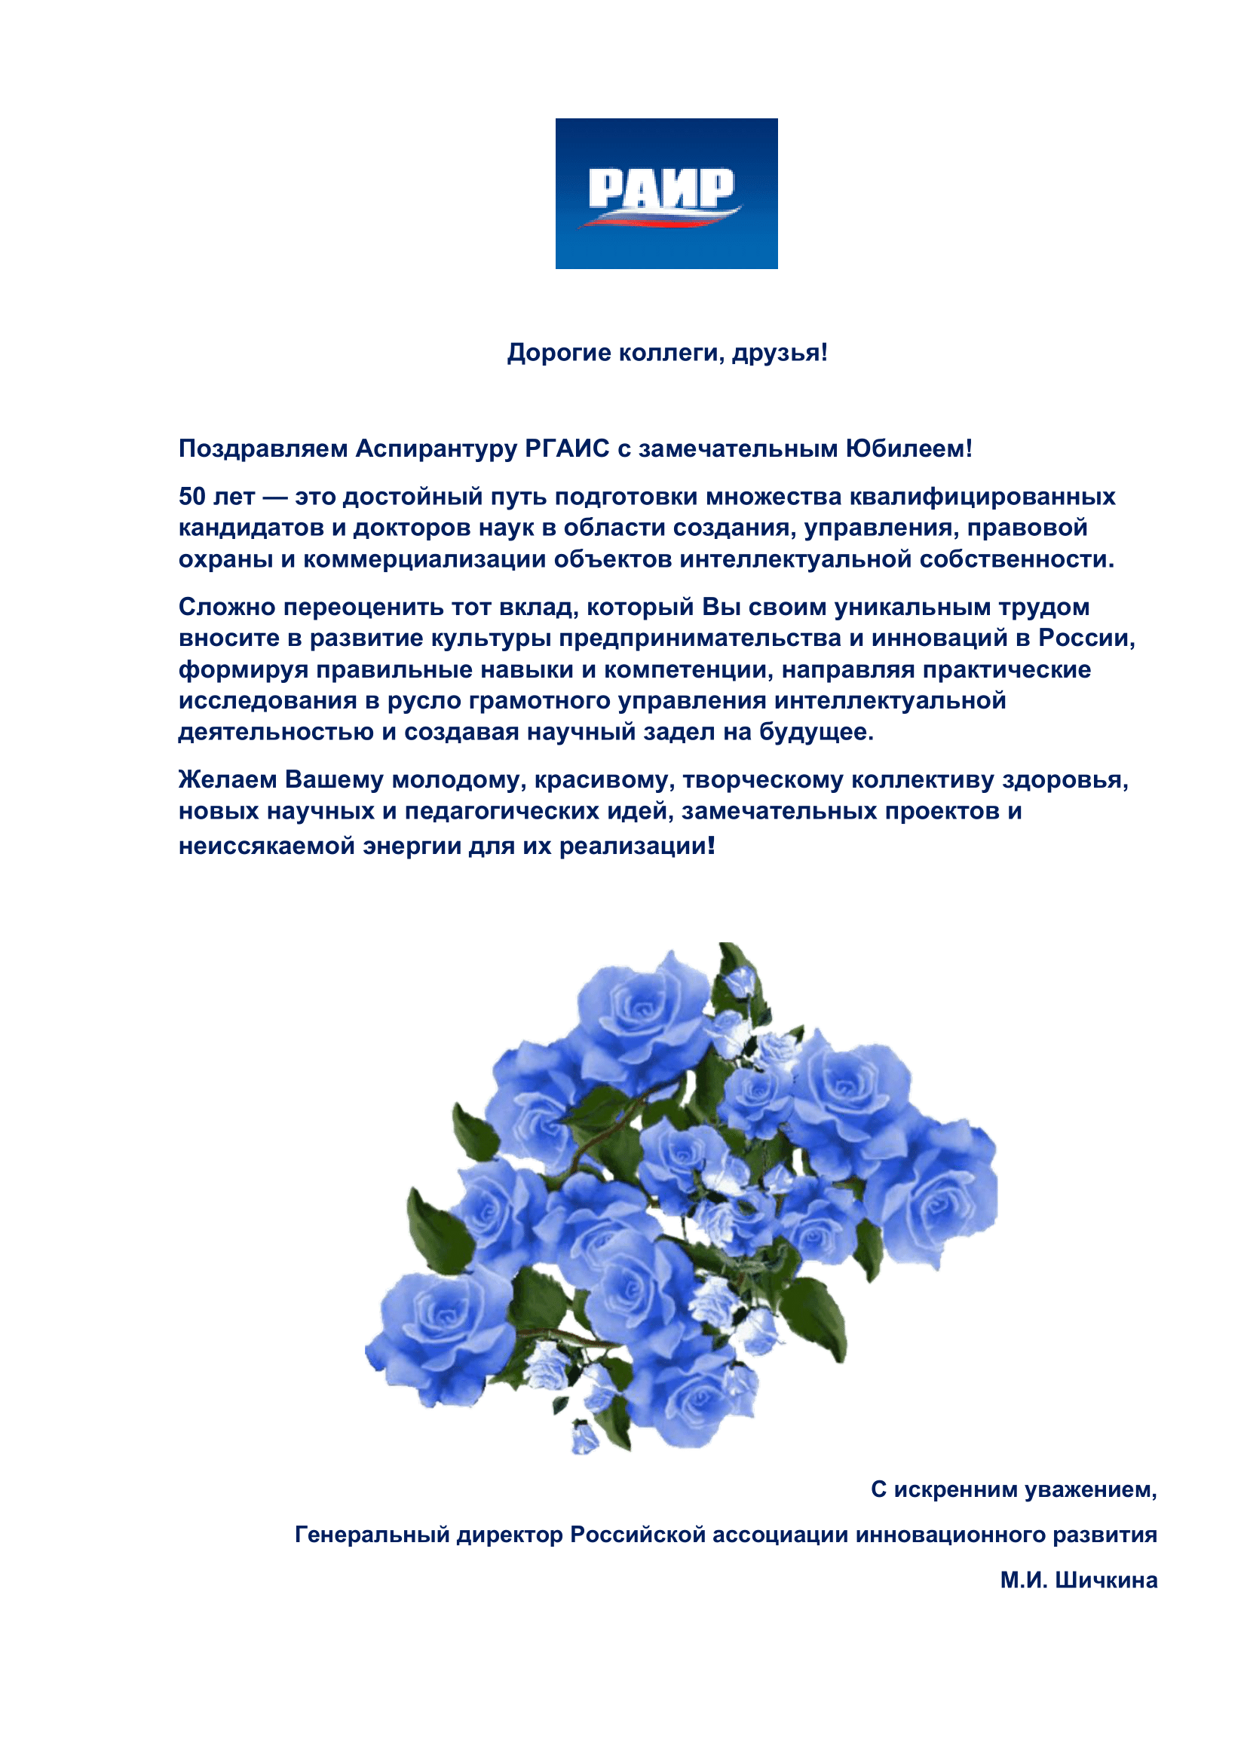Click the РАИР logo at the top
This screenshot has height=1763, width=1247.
pos(666,193)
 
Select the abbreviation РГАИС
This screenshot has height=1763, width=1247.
pos(567,448)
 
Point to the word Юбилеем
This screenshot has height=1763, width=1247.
pos(905,448)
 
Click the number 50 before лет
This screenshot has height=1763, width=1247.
pos(192,497)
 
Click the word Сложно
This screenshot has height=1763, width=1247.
pos(226,607)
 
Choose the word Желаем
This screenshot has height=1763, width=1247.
pos(227,779)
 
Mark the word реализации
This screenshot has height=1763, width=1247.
pos(633,846)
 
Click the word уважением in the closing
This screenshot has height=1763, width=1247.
pos(1087,1489)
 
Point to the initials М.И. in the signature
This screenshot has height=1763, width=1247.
pos(1024,1580)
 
